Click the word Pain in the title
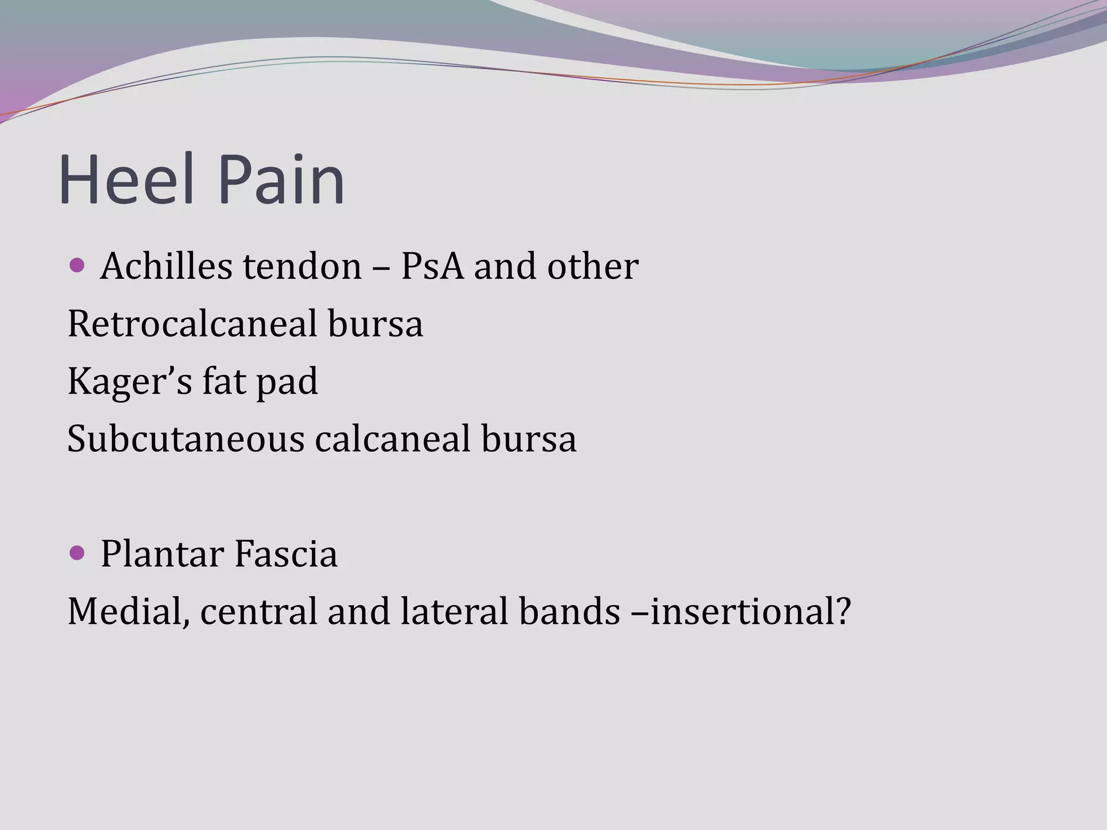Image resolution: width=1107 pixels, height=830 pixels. coord(281,179)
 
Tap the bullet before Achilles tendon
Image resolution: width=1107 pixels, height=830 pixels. coord(78,265)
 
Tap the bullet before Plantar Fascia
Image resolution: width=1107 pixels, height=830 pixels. coord(78,553)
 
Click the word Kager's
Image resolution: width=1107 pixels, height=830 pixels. coord(130,381)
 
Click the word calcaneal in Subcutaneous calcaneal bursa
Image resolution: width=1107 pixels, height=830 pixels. coord(392,439)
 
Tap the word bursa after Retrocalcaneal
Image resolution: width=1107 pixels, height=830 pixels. coord(375,324)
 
